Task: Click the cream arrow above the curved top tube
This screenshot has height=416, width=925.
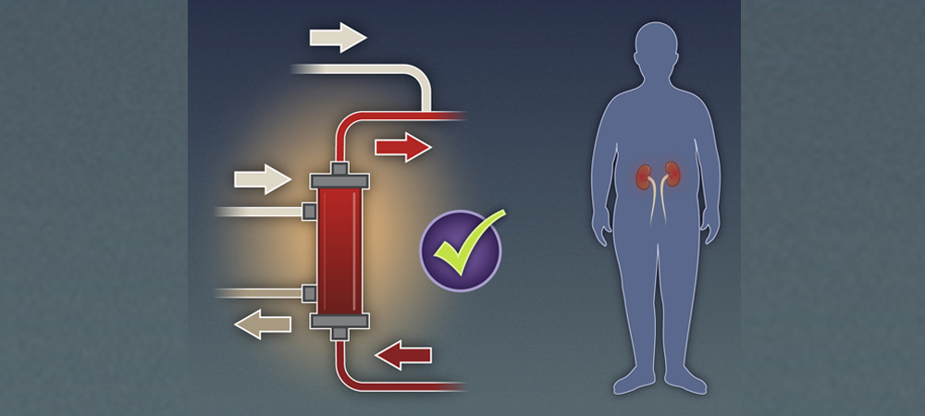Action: [338, 37]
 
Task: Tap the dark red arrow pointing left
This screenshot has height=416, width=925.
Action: [403, 353]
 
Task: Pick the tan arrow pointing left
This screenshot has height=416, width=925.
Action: [262, 324]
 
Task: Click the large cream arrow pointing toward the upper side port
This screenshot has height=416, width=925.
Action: [263, 177]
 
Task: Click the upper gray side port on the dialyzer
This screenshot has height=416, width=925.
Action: [309, 212]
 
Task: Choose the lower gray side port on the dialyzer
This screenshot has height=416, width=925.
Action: [309, 294]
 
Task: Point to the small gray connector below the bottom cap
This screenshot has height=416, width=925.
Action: [339, 333]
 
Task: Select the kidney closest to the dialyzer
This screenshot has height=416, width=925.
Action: [644, 174]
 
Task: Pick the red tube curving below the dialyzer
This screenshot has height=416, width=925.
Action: [388, 383]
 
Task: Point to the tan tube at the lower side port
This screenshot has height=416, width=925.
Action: [259, 294]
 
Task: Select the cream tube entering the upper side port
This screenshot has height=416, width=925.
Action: [259, 212]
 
